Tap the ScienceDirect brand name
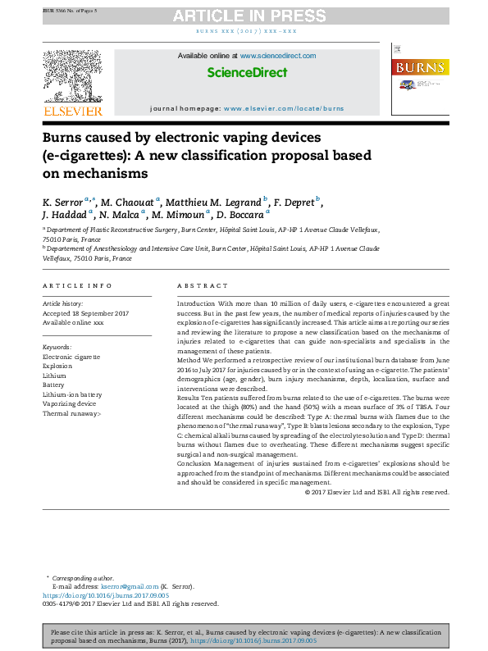[x=247, y=73]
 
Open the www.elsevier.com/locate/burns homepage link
[x=283, y=108]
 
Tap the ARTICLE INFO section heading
[x=78, y=285]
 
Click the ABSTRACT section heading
[x=203, y=285]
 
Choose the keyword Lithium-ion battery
[x=72, y=394]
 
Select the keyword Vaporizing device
[x=70, y=404]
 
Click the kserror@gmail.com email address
[x=130, y=586]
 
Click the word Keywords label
[x=57, y=348]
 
